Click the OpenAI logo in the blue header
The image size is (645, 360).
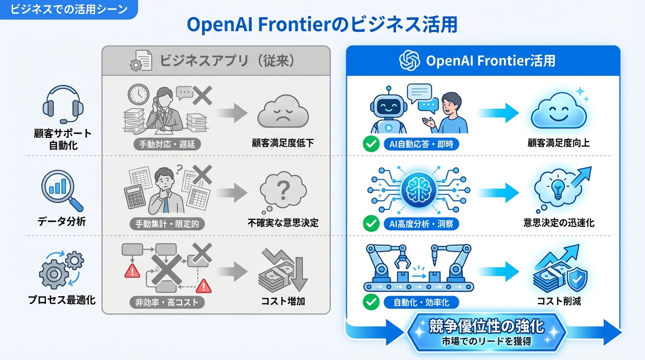(409, 60)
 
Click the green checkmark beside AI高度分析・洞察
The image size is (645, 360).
(371, 224)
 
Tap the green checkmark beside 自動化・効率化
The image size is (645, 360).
(371, 302)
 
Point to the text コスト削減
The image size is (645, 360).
(559, 301)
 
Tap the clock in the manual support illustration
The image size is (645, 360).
(138, 94)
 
